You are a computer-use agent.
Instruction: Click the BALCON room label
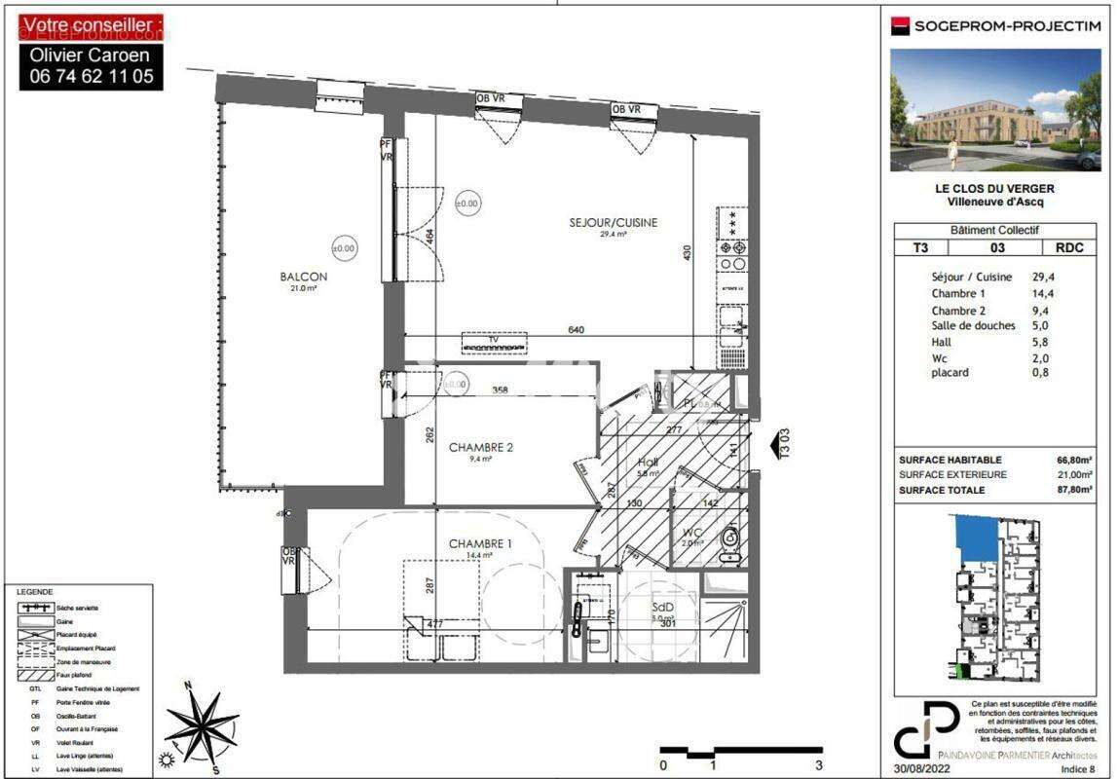[x=303, y=277]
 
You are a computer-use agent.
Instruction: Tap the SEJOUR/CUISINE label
[x=613, y=223]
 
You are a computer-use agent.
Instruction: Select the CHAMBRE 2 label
[x=480, y=448]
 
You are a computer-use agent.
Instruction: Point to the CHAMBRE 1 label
[x=480, y=543]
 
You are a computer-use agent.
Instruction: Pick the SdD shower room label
[x=663, y=607]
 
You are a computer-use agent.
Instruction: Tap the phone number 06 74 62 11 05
[x=92, y=76]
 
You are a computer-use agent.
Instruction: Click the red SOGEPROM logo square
[x=900, y=26]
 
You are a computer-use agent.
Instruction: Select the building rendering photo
[x=995, y=109]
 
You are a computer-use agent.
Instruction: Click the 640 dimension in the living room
[x=577, y=330]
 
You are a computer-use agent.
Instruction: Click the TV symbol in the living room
[x=494, y=344]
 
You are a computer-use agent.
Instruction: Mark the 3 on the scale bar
[x=819, y=765]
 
